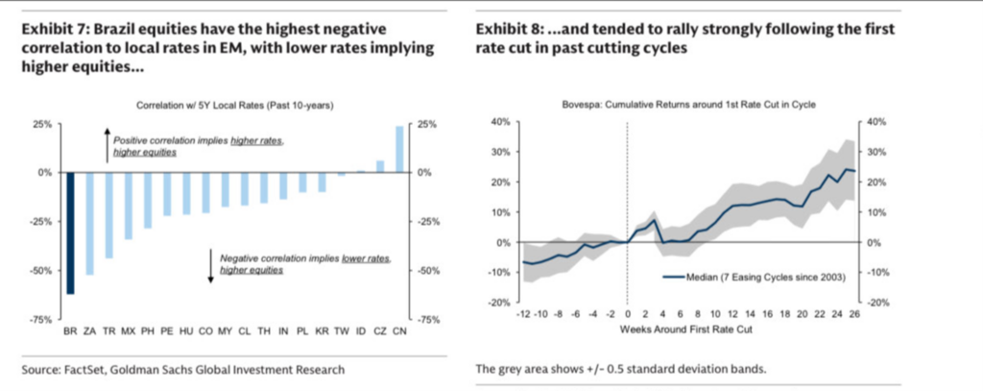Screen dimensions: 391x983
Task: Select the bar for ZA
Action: (89, 223)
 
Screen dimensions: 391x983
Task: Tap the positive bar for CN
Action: (398, 149)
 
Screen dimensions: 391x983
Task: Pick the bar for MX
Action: (127, 206)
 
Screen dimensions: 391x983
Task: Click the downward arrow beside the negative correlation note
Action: (210, 265)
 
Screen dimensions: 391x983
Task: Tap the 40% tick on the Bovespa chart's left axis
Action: (500, 122)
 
